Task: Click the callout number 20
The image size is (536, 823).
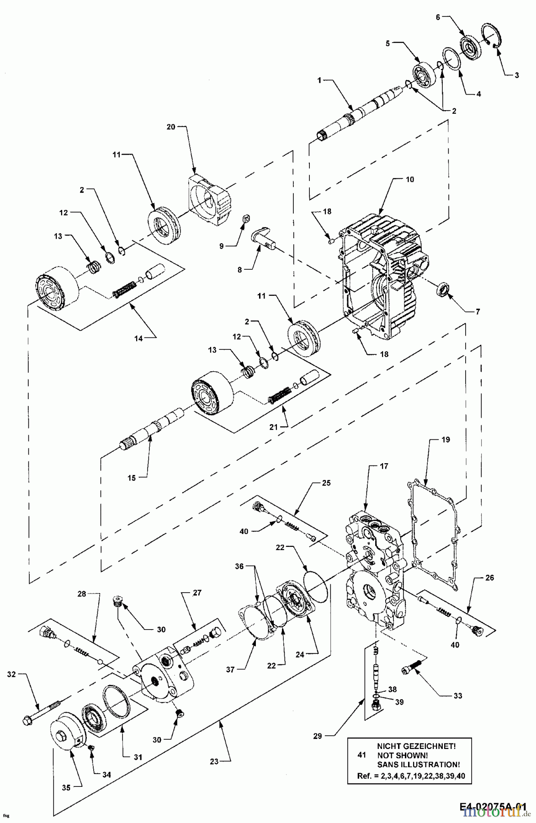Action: tap(171, 127)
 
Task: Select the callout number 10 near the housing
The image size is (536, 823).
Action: tap(409, 180)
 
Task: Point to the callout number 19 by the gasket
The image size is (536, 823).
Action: tap(446, 440)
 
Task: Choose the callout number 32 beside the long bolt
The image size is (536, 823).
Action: tap(11, 674)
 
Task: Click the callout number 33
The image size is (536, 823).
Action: tap(457, 696)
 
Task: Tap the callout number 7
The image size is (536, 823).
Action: tap(478, 312)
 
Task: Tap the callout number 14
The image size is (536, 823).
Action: tap(138, 338)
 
